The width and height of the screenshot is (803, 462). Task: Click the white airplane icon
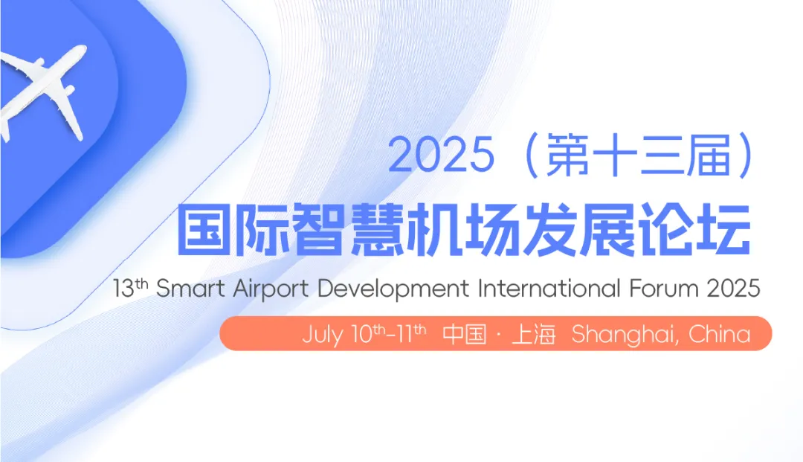pyautogui.click(x=39, y=87)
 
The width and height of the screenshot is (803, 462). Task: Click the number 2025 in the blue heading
pyautogui.click(x=441, y=155)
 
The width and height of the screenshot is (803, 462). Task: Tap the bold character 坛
pyautogui.click(x=723, y=229)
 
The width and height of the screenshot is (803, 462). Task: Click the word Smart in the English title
pyautogui.click(x=190, y=289)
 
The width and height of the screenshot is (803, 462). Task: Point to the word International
pyautogui.click(x=549, y=289)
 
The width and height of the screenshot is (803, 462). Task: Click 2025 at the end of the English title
pyautogui.click(x=733, y=289)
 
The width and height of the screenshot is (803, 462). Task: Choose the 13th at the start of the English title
pyautogui.click(x=131, y=288)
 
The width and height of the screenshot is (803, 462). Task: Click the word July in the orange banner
pyautogui.click(x=322, y=336)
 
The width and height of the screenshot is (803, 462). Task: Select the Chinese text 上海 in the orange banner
pyautogui.click(x=534, y=335)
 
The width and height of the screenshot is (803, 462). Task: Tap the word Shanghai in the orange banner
pyautogui.click(x=626, y=336)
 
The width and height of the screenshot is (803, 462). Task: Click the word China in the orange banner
pyautogui.click(x=720, y=334)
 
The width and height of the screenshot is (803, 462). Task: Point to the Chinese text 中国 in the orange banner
pyautogui.click(x=465, y=335)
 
